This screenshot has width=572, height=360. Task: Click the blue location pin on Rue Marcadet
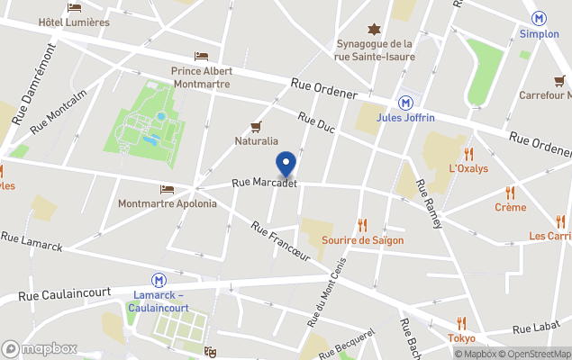286,165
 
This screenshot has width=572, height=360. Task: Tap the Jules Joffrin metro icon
406,103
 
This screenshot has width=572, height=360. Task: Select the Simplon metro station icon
540,18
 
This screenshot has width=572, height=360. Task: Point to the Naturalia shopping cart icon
256,126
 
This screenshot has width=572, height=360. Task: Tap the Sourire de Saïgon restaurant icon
362,225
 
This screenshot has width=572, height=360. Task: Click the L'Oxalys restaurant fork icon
468,153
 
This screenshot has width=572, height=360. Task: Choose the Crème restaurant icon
510,192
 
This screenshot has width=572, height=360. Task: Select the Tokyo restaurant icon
461,323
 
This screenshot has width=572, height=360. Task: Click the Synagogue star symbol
374,29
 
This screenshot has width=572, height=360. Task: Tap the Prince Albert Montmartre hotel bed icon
201,56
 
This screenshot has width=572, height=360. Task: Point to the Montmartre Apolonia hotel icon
167,189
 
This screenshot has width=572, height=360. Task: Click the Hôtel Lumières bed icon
75,7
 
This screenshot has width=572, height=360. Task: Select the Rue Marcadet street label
265,183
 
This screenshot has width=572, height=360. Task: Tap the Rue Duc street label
316,123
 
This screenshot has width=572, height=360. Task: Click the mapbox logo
41,348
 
